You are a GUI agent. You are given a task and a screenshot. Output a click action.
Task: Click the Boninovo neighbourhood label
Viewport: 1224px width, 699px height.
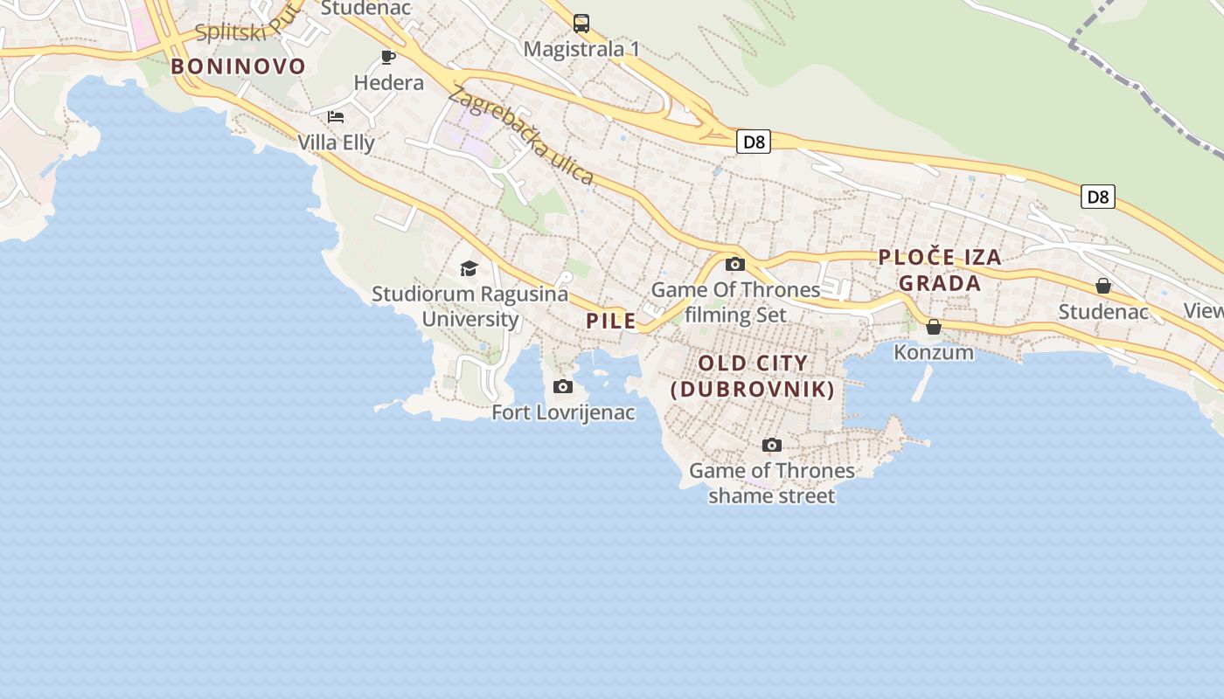coord(239,66)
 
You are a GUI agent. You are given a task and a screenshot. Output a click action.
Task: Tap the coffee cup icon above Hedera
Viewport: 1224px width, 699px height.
coord(388,58)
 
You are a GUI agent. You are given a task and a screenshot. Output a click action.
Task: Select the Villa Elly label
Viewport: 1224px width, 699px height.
coord(336,142)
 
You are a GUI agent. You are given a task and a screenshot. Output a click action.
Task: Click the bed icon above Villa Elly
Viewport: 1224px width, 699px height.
coord(336,117)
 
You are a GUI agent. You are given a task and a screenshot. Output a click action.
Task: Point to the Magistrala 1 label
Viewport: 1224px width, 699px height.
coord(581,49)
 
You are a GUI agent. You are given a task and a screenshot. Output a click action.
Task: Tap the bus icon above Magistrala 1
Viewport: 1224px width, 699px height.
coord(581,24)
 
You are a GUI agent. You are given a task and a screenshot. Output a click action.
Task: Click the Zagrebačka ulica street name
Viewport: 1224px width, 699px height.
coord(522,135)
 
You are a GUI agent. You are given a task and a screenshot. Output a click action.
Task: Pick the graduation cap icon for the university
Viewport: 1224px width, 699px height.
coord(469,268)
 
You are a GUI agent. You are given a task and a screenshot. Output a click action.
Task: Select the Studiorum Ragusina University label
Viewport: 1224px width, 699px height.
coord(470,306)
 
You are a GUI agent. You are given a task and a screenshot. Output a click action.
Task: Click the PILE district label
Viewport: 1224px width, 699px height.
coord(611,321)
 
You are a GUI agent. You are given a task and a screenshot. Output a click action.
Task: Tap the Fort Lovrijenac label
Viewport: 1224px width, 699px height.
coord(563,412)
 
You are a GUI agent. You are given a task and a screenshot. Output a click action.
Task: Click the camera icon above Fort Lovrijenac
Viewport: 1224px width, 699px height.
coord(563,386)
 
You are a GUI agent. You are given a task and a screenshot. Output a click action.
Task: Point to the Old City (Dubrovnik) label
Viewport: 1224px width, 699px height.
coord(753,376)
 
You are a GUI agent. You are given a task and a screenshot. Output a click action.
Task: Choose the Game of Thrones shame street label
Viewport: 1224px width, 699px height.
coord(772,483)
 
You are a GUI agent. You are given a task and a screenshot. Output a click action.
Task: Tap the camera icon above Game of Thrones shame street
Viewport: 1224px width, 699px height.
coord(772,446)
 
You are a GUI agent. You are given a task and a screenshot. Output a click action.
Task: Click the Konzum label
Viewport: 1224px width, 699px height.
coord(934,352)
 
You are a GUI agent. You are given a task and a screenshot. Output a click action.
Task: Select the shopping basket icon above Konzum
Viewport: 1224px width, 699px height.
coord(934,327)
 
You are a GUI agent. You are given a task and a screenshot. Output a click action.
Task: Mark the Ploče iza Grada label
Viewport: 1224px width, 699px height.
coord(940,270)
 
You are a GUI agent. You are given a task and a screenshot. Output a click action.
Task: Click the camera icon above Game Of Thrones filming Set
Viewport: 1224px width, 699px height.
coord(735,264)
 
